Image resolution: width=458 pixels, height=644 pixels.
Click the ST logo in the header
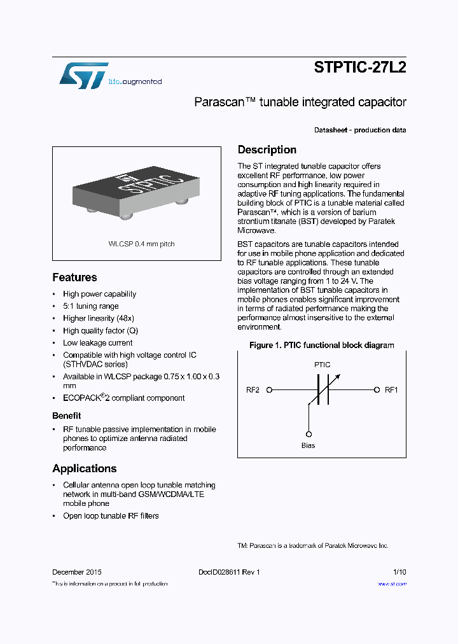point(83,76)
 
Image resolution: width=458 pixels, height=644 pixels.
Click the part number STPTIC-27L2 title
point(360,68)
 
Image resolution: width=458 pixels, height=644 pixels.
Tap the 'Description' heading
point(267,150)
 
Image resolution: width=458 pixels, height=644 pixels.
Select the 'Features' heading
point(74,277)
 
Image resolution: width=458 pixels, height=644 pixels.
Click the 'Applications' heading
point(84,468)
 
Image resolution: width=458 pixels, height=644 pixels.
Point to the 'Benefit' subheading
point(66,416)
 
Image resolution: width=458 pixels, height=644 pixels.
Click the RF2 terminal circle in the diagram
point(269,390)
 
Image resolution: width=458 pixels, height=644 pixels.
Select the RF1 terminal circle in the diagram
point(377,390)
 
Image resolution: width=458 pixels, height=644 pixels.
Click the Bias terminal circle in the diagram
point(309,433)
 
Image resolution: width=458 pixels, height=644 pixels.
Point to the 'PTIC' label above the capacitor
point(322,365)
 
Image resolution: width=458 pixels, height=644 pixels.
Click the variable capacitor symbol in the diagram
point(323,389)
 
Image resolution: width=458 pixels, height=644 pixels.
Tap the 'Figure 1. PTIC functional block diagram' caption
point(321,346)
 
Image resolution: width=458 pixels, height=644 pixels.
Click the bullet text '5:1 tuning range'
point(90,306)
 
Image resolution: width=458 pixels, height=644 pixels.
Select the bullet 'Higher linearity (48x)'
point(98,318)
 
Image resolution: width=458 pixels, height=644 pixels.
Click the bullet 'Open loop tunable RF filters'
point(111,516)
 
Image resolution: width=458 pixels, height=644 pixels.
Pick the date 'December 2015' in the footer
point(76,572)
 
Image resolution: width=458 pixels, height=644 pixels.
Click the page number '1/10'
point(399,572)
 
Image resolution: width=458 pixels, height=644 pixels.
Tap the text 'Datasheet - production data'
point(360,130)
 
